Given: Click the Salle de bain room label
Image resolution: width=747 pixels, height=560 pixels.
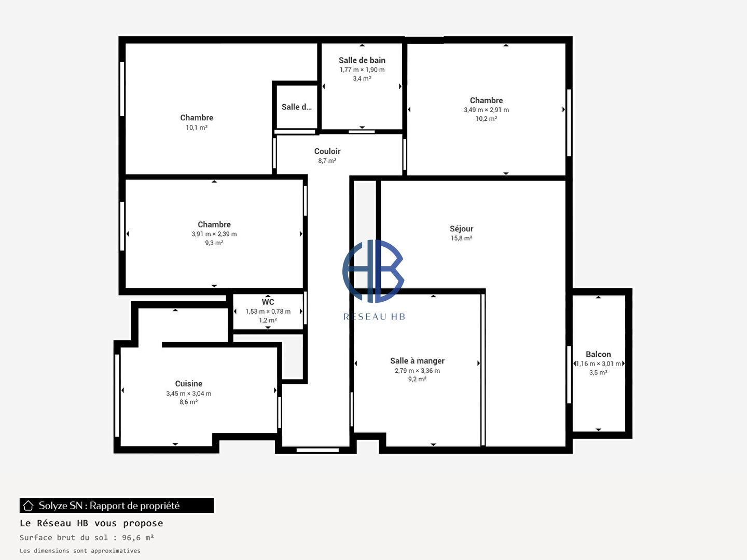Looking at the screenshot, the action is pos(362,60).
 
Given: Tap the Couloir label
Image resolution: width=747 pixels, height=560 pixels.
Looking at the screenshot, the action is pos(327,151).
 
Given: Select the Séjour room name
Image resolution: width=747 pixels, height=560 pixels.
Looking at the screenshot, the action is pos(461,229).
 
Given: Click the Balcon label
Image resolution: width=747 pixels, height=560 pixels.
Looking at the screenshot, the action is pos(598,354).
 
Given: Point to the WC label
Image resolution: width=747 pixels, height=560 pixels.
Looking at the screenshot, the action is pos(268,302).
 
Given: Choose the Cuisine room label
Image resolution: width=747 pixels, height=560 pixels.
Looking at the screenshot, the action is pos(188,384).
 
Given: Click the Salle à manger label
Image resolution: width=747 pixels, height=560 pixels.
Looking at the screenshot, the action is pos(417,361).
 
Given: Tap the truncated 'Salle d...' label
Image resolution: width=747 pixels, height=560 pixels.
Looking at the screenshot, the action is pos(296,107).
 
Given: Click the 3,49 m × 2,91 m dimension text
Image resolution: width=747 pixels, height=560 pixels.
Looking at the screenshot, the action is pos(486,110).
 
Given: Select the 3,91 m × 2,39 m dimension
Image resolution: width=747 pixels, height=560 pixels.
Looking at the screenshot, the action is pos(214,234).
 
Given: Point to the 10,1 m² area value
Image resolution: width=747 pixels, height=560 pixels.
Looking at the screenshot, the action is pos(197,128).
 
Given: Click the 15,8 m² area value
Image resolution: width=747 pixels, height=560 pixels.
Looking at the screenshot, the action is pos(461,239).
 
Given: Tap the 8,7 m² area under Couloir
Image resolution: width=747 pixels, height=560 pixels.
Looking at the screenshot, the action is pos(327,161).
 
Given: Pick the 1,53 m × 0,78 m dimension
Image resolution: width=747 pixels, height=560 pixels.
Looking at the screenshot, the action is pos(268,312).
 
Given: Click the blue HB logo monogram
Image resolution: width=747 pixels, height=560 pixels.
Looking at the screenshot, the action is pos(373,271).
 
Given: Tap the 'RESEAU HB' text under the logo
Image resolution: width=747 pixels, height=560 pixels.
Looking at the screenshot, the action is pos(374,317).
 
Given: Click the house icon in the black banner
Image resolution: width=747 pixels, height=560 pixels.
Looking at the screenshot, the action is pos(28,506).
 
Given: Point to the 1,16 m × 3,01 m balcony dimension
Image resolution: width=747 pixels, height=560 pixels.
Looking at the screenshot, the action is pos(598,364).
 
